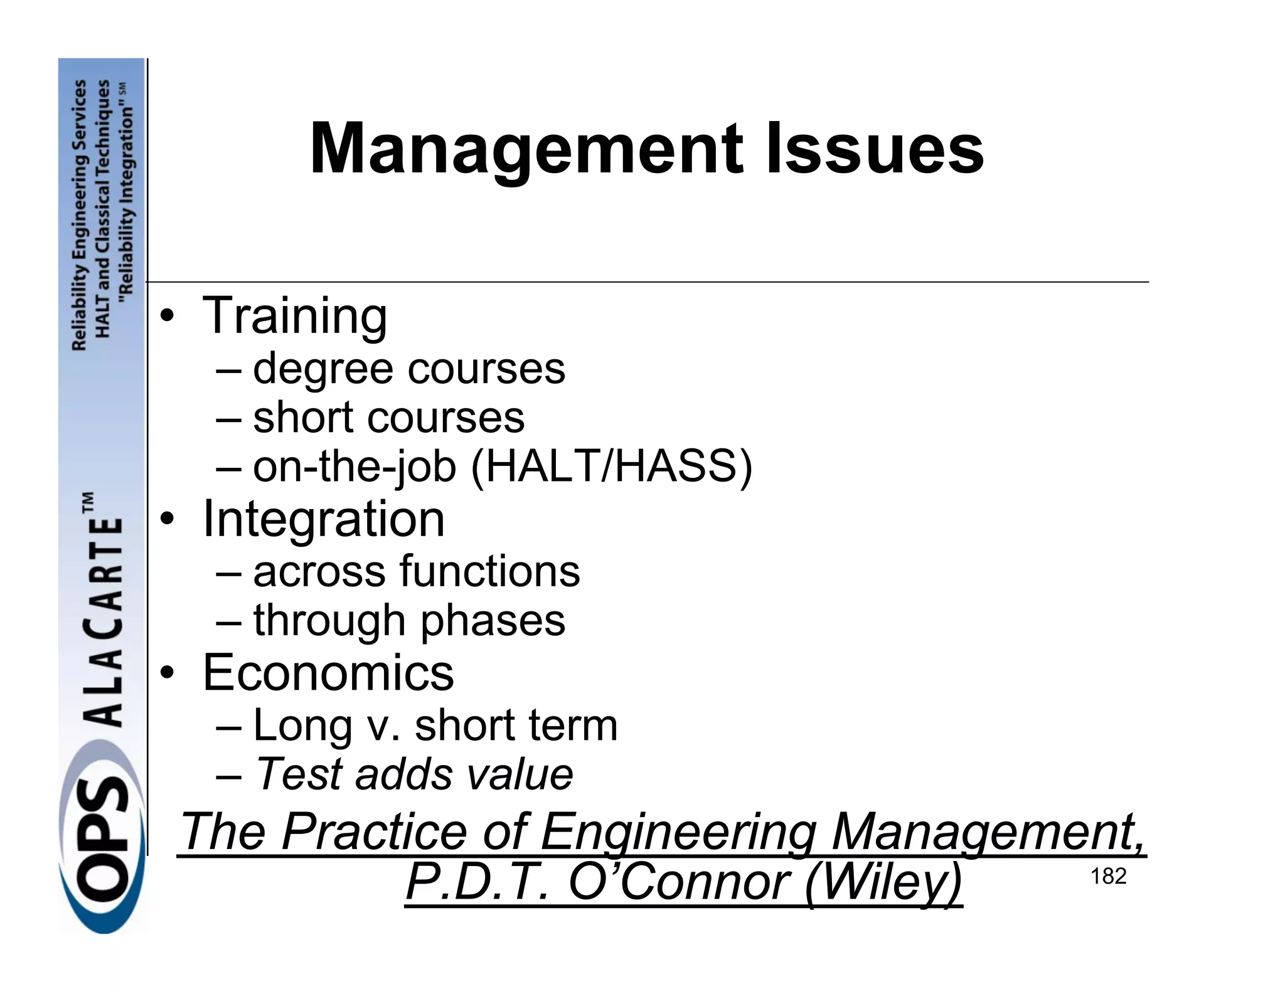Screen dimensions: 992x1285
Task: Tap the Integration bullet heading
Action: (323, 519)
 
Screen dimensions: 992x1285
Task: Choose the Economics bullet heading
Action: (328, 673)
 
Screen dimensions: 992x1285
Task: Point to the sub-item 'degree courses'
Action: (408, 369)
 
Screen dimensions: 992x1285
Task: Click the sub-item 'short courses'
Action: (388, 418)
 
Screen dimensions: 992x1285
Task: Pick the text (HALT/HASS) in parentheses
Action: (611, 467)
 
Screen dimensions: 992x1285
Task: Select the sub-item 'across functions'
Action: (417, 572)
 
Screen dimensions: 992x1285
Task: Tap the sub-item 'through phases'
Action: (409, 621)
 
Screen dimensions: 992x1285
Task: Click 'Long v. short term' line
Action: (435, 726)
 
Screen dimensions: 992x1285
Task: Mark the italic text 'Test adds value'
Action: (414, 774)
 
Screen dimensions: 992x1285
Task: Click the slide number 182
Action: (1108, 877)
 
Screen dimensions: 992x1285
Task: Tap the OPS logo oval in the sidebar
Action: (102, 853)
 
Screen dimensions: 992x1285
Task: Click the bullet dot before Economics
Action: (166, 674)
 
